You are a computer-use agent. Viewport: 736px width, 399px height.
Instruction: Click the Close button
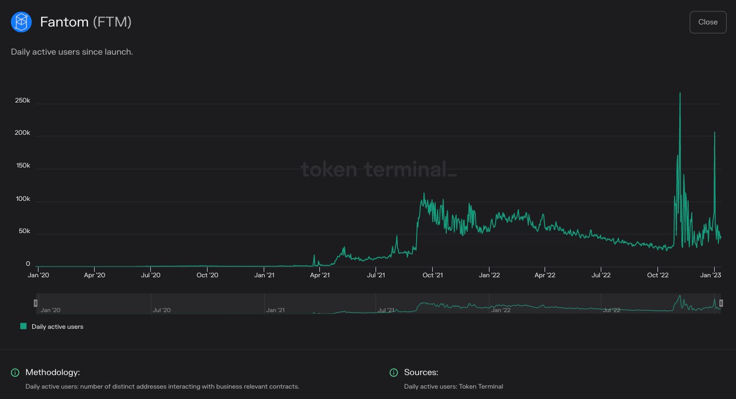tap(707, 22)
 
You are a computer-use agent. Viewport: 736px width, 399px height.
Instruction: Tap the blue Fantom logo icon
tap(21, 22)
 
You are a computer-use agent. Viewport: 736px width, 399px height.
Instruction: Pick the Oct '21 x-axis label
tap(432, 275)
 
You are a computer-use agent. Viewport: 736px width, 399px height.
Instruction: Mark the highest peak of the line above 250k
tap(680, 93)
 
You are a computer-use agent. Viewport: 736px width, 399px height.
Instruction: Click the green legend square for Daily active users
tap(23, 326)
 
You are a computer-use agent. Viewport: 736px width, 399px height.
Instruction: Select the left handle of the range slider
tap(36, 303)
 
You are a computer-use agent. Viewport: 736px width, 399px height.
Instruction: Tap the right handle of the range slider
tap(721, 303)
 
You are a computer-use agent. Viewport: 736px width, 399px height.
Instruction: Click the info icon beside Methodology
tap(15, 372)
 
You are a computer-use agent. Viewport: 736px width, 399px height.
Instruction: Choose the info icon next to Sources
tap(394, 372)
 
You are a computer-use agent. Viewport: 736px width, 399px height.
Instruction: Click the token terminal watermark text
tap(379, 170)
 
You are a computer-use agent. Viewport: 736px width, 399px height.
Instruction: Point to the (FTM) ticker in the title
tap(112, 22)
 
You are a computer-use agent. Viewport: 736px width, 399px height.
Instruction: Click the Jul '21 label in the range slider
tap(386, 310)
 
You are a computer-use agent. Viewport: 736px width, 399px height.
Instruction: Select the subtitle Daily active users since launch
tap(72, 52)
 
